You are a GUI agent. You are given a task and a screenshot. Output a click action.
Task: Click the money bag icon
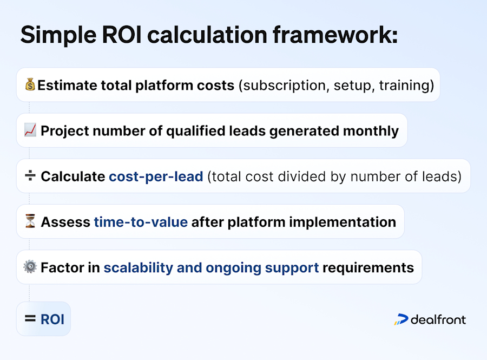pos(30,85)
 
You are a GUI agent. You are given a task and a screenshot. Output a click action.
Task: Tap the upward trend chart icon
pos(30,130)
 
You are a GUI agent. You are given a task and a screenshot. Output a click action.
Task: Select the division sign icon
pos(30,176)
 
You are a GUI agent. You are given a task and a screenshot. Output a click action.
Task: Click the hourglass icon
pos(30,222)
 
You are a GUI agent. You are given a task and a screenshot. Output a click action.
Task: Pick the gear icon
pos(30,267)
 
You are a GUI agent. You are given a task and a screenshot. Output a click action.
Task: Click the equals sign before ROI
pos(30,319)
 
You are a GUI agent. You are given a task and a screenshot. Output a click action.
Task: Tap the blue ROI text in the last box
pos(52,319)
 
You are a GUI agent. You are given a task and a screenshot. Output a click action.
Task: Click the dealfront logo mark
pos(401,319)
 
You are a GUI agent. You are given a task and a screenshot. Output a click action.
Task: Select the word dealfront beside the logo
pos(438,319)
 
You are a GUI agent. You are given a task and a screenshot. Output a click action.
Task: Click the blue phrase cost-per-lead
pos(156,176)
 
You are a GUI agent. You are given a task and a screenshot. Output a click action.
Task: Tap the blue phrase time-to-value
pos(141,222)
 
